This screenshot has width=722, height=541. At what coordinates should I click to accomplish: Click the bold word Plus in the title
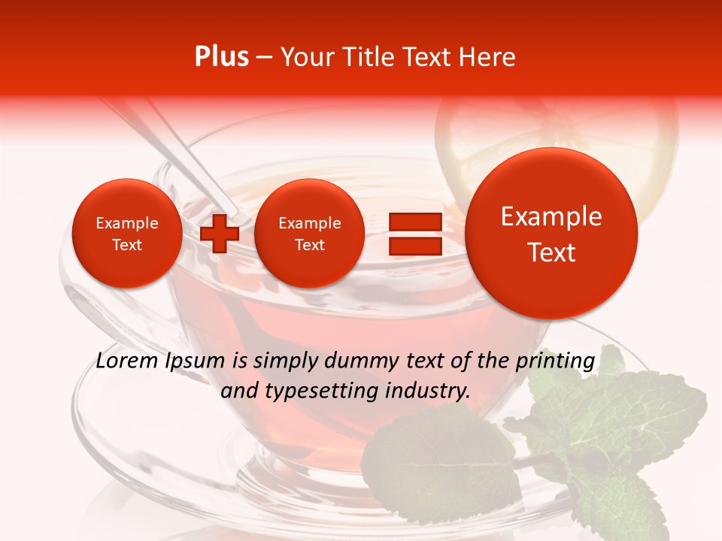(221, 57)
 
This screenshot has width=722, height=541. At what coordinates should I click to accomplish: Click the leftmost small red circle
(127, 234)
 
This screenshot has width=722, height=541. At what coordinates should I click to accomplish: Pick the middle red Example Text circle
(309, 234)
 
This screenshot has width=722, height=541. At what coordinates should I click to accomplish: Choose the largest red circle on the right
(551, 234)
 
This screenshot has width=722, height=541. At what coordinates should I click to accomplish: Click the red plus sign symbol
(219, 234)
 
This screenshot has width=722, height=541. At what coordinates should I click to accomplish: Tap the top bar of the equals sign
(414, 222)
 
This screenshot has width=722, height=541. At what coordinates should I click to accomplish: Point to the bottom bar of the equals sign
(414, 246)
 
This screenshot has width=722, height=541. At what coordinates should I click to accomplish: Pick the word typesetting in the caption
(308, 391)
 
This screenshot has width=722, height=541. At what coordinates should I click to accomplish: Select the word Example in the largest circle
(551, 217)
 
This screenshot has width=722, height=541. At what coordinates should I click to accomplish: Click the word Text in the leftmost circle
(127, 245)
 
